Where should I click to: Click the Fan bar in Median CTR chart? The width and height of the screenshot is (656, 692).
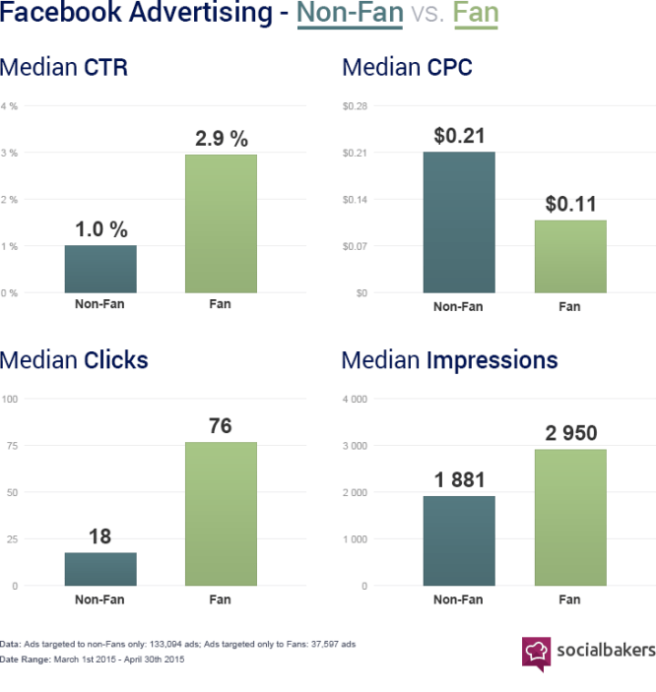(221, 223)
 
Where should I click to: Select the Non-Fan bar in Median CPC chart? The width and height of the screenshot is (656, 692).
(459, 222)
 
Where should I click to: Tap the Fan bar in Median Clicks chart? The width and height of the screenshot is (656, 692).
(221, 514)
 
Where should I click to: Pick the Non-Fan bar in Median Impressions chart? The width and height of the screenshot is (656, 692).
(459, 540)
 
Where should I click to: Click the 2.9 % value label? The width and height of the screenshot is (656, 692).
(222, 139)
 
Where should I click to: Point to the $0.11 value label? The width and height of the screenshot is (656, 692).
(570, 204)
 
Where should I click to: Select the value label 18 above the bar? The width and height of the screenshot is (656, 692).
(99, 536)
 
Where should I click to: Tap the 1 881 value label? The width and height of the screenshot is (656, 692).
(459, 479)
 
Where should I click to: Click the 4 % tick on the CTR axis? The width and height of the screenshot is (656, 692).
(9, 106)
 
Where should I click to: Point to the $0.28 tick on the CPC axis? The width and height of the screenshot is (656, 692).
(355, 106)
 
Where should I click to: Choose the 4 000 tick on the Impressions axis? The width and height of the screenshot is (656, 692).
(356, 399)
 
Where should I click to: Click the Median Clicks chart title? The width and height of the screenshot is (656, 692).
(74, 359)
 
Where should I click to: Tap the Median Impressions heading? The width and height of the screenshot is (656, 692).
(449, 359)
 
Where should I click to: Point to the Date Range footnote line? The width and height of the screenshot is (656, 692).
(92, 660)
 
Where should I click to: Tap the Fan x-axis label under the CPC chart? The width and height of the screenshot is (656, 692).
(569, 306)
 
